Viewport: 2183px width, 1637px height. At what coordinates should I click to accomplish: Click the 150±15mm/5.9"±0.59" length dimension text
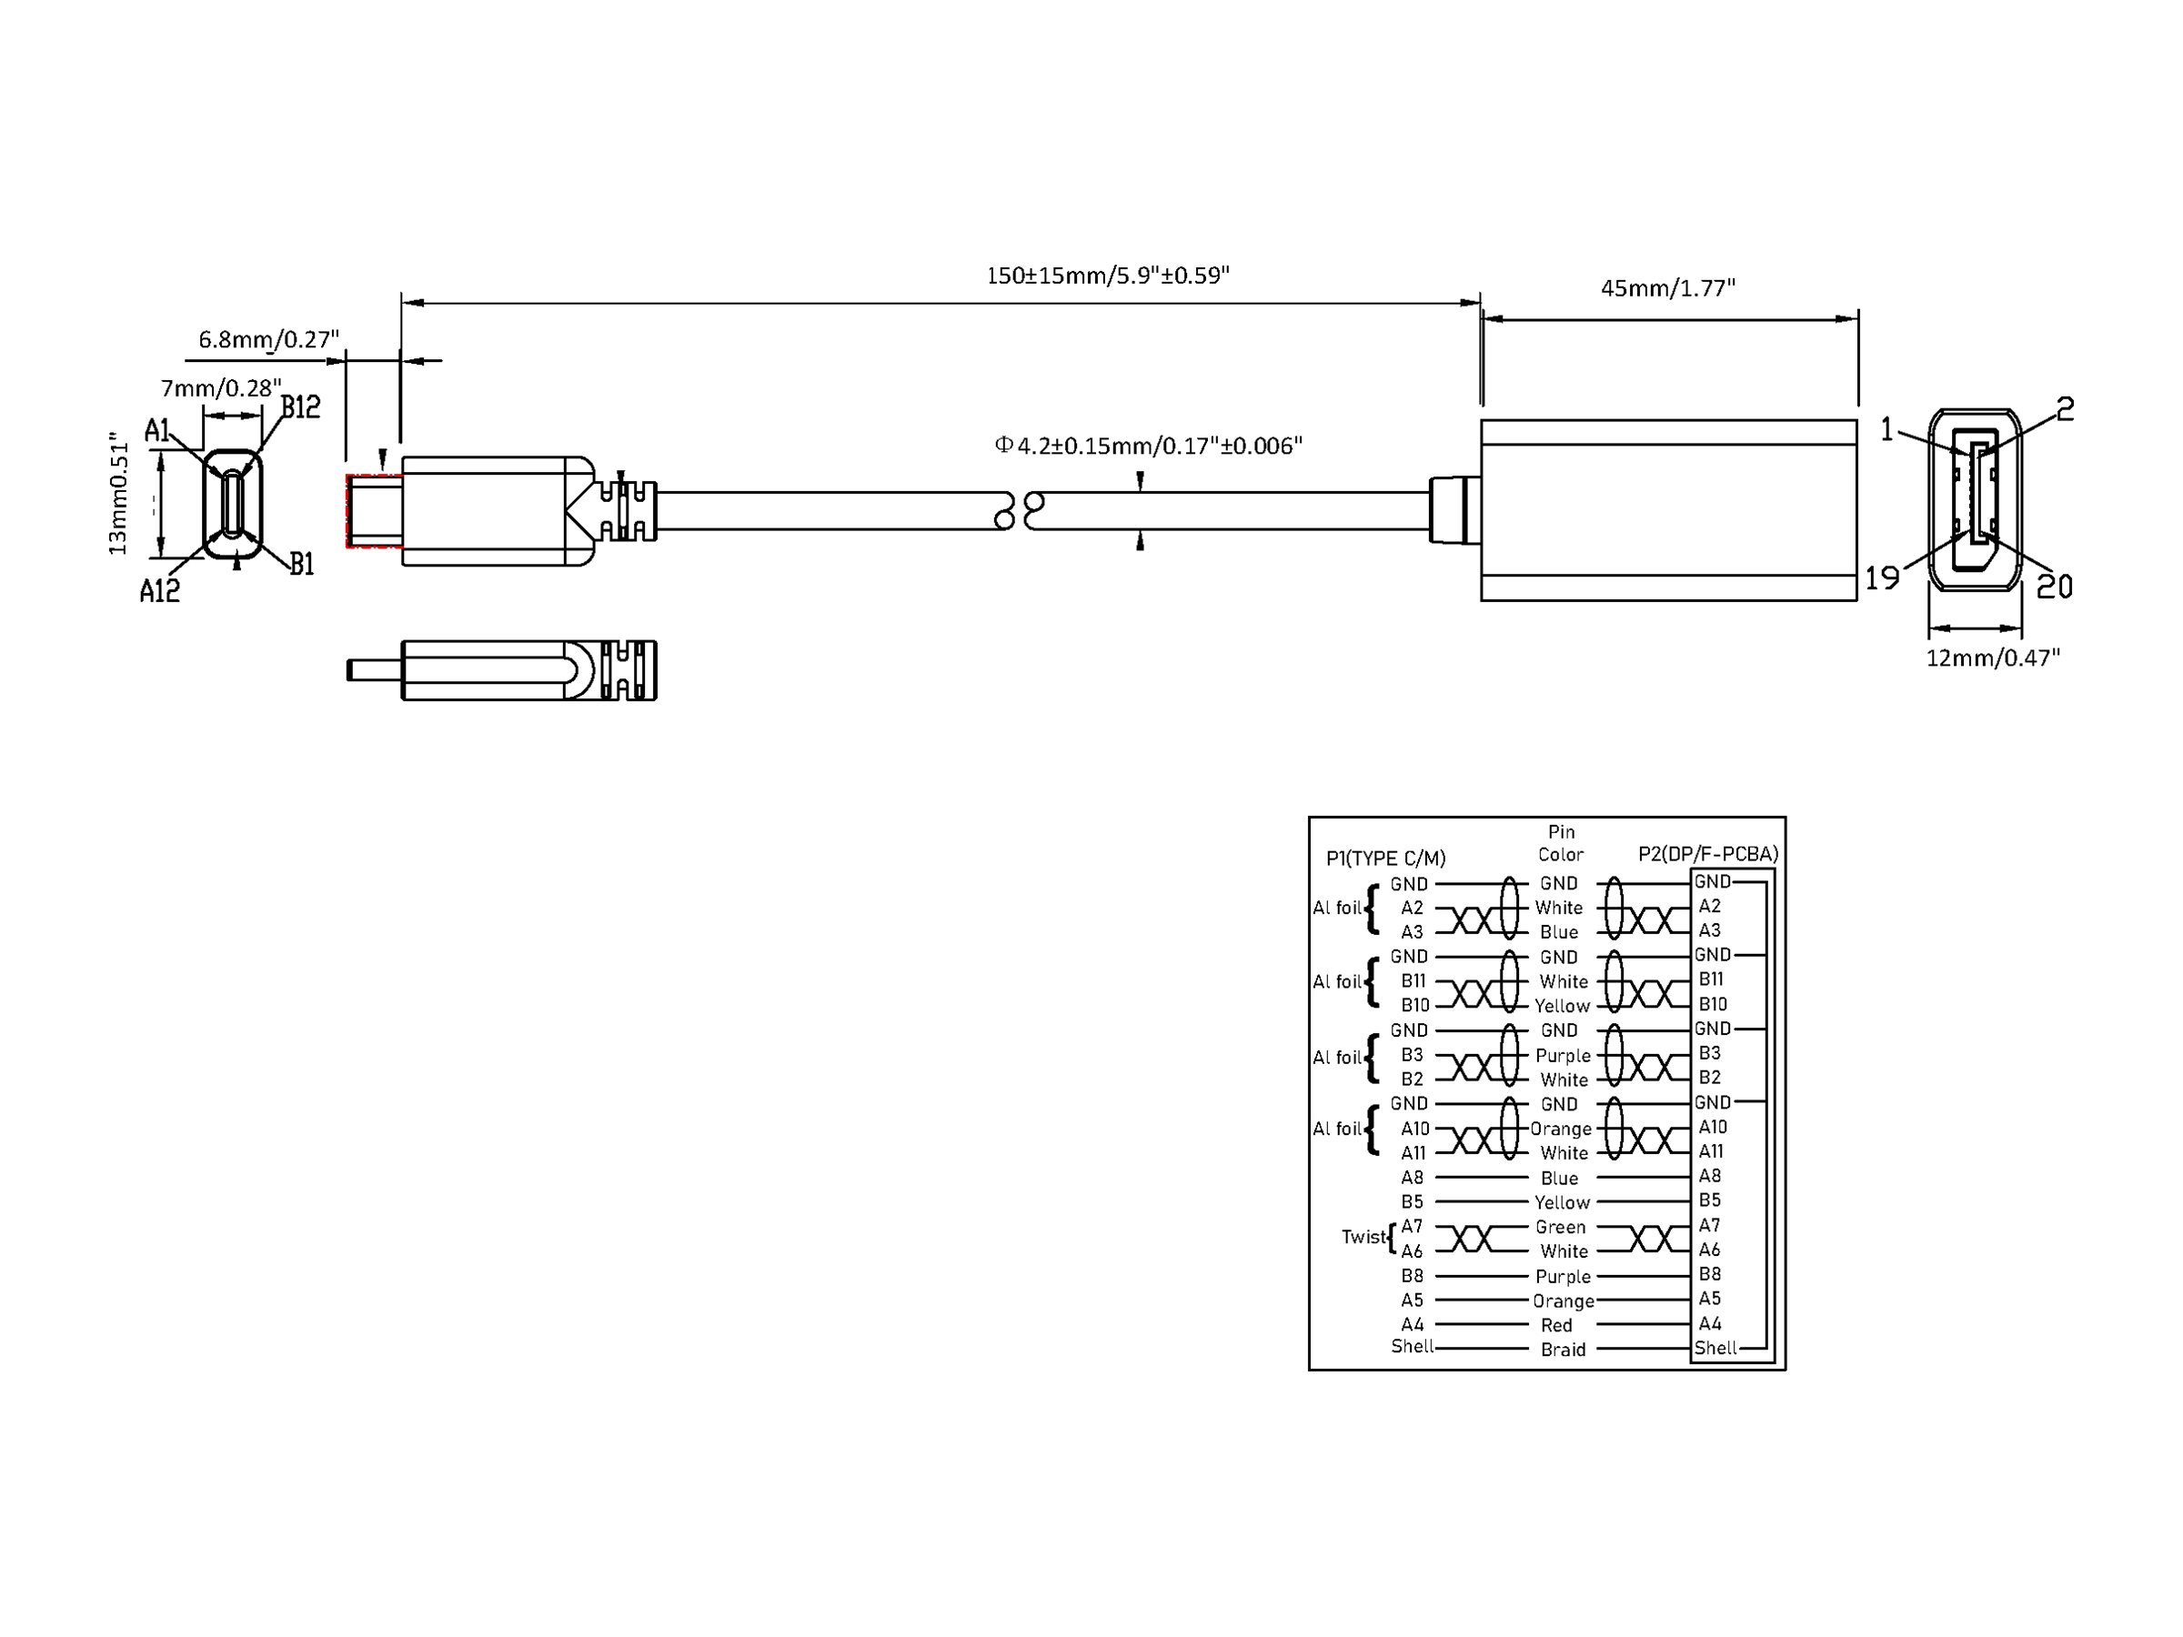1107,276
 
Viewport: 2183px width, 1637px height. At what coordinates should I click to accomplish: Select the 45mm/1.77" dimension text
1667,288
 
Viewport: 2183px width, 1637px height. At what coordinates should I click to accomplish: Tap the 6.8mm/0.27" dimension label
268,339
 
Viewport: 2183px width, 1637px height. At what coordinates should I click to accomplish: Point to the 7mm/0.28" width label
220,387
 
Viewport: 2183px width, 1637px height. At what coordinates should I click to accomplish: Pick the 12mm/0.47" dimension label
1993,658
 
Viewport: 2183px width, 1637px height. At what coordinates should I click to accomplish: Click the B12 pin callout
300,407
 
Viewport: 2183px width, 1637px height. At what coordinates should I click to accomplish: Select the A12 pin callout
159,591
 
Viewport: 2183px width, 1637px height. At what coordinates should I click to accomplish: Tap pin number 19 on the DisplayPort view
1882,577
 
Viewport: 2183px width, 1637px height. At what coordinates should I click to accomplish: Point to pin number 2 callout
2065,409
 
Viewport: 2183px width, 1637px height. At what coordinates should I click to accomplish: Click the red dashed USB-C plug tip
373,510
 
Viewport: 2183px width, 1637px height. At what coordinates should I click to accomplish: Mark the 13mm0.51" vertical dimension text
118,493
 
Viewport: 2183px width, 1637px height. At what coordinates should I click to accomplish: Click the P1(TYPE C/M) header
1385,859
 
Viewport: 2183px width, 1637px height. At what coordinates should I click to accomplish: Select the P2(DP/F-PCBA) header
1708,854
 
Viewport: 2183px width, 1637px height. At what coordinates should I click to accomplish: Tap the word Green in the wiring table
1560,1227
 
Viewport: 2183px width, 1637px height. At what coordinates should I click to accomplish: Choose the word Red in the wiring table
1556,1325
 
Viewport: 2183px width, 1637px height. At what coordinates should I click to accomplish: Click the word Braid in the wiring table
1564,1349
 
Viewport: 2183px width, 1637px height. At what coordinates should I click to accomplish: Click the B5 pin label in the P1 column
1413,1202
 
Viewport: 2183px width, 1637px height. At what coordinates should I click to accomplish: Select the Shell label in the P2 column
1715,1348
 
